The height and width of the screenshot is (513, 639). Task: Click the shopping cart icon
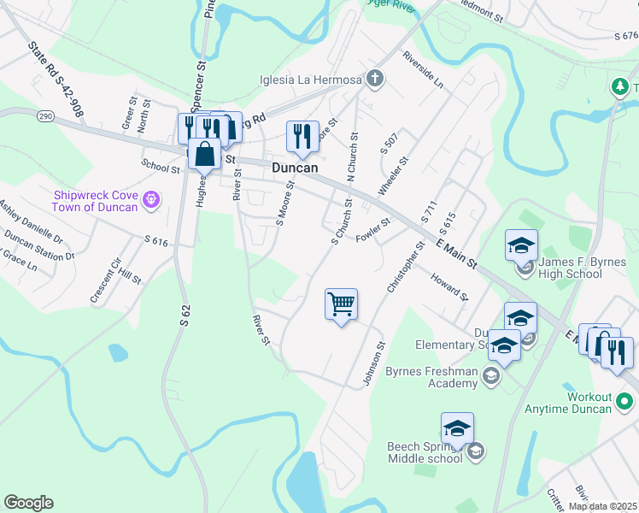[341, 304]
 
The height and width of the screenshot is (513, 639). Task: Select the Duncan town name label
[295, 168]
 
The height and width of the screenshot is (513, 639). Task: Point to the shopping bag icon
[205, 154]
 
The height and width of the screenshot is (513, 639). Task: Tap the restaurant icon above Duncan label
[302, 135]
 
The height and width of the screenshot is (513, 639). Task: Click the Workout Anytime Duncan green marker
[624, 400]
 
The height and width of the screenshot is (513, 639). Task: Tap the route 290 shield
[45, 114]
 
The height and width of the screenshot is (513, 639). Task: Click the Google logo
[28, 503]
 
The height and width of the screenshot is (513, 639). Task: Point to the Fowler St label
[373, 229]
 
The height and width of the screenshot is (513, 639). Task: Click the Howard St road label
[449, 287]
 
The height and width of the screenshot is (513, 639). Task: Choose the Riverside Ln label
[424, 72]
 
